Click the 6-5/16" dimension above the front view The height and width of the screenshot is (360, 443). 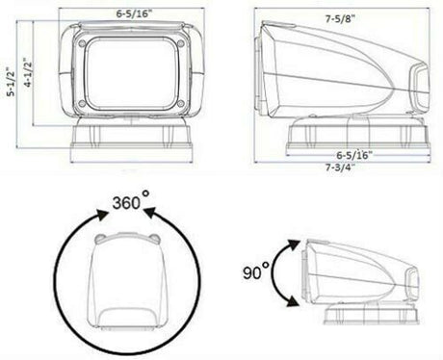(x=134, y=13)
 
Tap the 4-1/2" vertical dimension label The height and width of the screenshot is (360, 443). (x=28, y=72)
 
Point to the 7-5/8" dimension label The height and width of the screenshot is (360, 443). (x=340, y=19)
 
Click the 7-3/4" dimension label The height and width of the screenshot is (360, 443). (x=340, y=167)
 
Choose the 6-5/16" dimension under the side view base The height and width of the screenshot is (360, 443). (x=354, y=155)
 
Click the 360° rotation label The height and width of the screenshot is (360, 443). (x=131, y=201)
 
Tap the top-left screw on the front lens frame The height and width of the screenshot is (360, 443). (x=82, y=43)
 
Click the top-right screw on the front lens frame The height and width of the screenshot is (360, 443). (x=180, y=43)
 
